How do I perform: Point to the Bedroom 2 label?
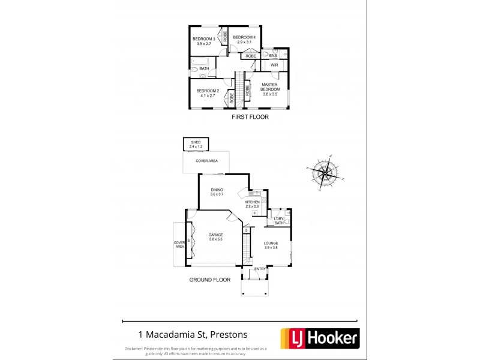[x=207, y=93]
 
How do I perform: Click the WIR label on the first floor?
[x=274, y=65]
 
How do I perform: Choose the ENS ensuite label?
[x=272, y=55]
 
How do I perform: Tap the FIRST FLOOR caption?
[x=250, y=117]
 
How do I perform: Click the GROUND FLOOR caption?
[x=210, y=280]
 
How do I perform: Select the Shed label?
[x=196, y=145]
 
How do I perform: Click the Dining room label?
[x=217, y=192]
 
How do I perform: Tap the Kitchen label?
[x=252, y=205]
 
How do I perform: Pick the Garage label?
[x=216, y=237]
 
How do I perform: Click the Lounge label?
[x=271, y=245]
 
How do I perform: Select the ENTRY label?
[x=260, y=269]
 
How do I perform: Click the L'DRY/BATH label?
[x=278, y=221]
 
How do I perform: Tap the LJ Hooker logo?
[x=324, y=339]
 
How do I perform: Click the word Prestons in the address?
[x=226, y=335]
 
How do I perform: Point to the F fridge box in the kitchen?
[x=254, y=213]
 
